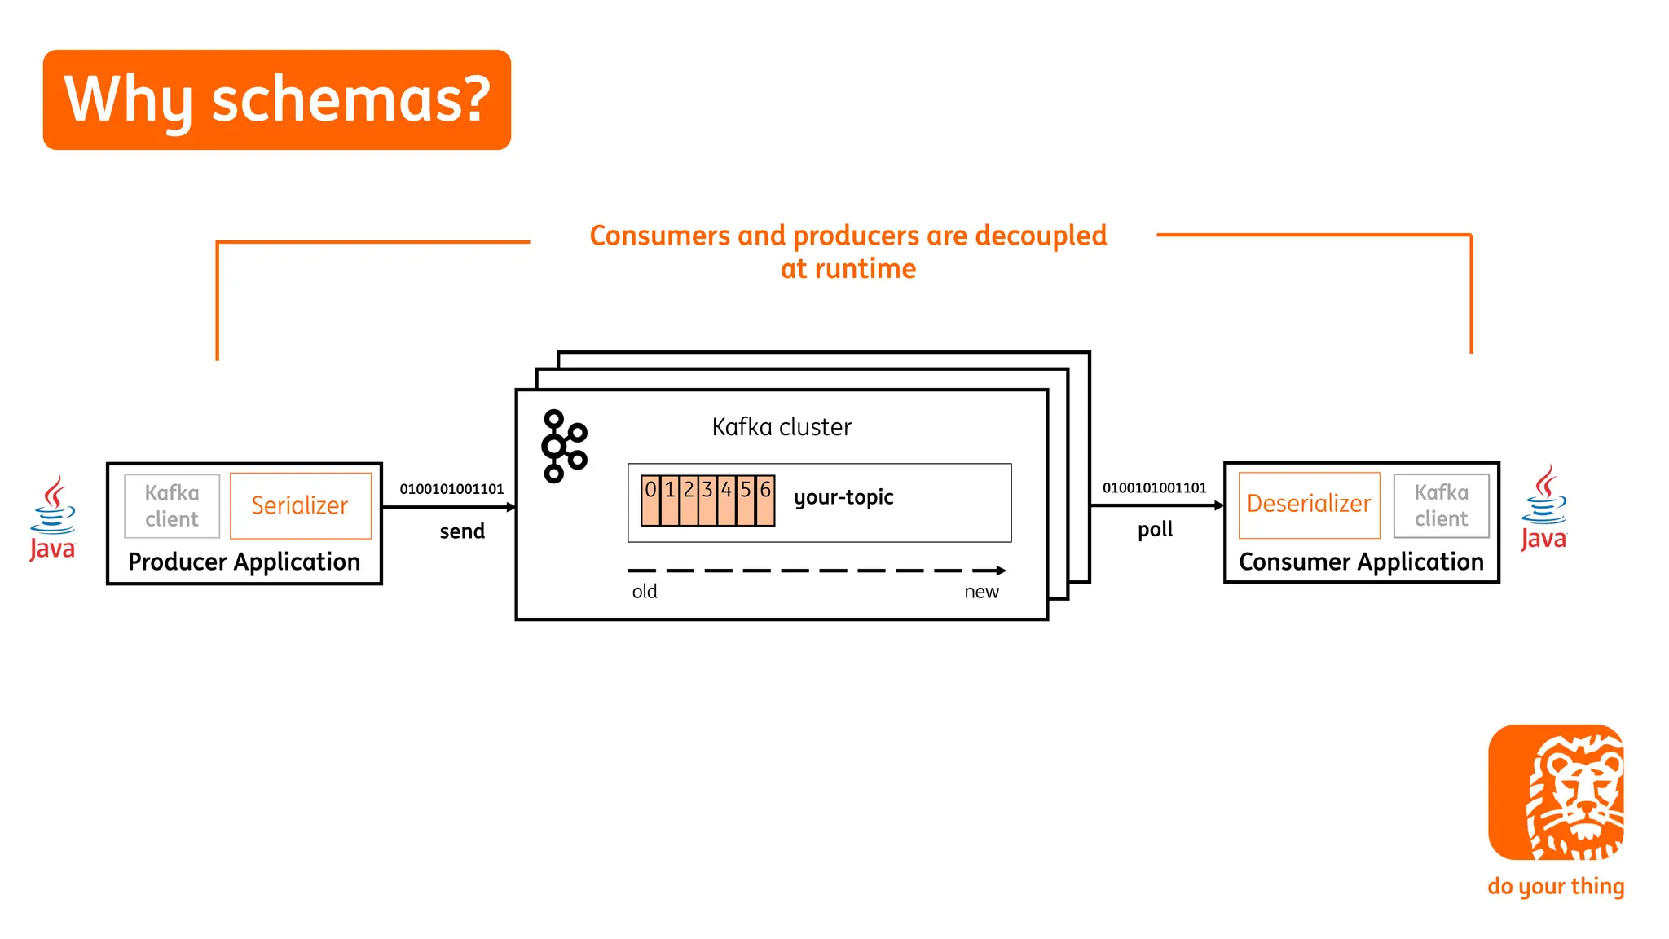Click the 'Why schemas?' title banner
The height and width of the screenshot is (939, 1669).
coord(276,99)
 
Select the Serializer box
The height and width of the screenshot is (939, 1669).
coord(300,505)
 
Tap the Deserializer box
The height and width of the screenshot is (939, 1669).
coord(1309,505)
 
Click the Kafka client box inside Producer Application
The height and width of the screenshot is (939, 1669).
coord(172,505)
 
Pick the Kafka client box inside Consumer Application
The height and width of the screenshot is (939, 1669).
coord(1441,505)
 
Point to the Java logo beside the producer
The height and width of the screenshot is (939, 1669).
coord(53,518)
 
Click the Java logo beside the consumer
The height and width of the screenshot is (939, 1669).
coord(1543,509)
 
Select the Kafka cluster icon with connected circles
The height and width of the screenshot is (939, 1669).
coord(563,446)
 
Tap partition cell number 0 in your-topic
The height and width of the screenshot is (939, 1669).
coord(650,499)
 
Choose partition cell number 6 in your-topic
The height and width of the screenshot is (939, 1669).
coord(765,499)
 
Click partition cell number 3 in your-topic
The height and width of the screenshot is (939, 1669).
coord(707,499)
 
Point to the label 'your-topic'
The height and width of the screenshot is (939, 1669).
coord(843,497)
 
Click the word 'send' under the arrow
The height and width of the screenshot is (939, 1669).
coord(462,531)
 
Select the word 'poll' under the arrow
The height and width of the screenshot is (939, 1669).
coord(1155,530)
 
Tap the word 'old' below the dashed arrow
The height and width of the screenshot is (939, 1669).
coord(645,592)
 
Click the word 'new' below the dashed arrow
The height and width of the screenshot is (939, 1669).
coord(981,592)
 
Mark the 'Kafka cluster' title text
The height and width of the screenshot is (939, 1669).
coord(782,427)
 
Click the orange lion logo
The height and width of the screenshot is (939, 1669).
coord(1556,792)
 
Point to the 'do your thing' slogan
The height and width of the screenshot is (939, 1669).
coord(1556,886)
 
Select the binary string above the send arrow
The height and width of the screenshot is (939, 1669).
coord(451,489)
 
